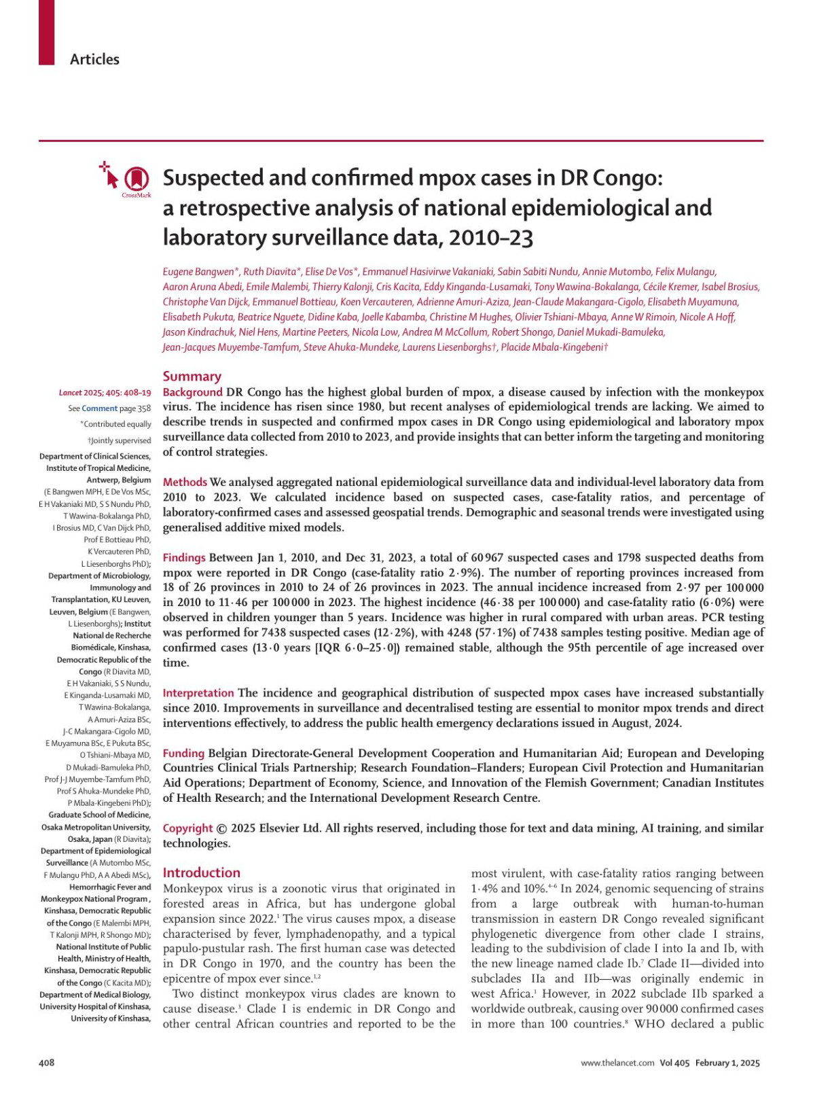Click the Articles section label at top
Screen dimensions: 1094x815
(x=94, y=59)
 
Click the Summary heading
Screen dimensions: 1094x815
(x=192, y=376)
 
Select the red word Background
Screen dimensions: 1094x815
(x=192, y=392)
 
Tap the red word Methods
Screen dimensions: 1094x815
(x=185, y=482)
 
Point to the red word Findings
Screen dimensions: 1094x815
(x=184, y=557)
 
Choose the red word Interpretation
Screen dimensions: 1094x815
(x=198, y=693)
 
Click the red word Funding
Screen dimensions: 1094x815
(x=183, y=753)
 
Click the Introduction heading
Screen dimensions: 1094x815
(x=202, y=872)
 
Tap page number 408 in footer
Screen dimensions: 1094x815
(x=46, y=1063)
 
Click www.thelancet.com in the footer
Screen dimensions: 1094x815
(x=617, y=1063)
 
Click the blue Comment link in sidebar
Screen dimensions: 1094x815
(x=99, y=408)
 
